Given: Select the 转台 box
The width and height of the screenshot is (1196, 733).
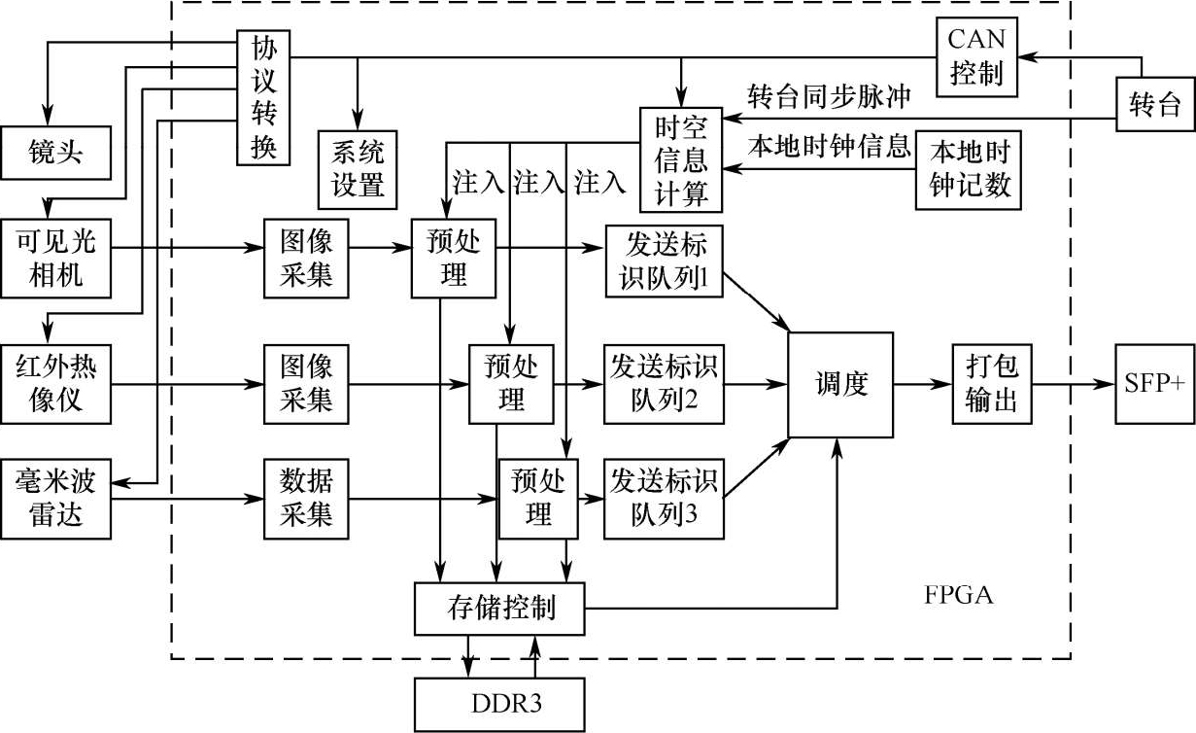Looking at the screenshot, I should tap(1153, 102).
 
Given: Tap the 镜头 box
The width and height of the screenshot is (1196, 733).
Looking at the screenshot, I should tap(56, 154).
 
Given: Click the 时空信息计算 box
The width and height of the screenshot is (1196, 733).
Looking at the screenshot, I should tap(680, 158).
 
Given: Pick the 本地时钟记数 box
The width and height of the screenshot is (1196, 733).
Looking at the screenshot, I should tap(970, 169).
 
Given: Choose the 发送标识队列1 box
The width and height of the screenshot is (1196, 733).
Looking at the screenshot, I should tap(664, 262).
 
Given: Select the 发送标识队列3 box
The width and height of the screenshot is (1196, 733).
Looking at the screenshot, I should tap(664, 499).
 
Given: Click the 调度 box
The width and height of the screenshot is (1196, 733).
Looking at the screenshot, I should tap(839, 384).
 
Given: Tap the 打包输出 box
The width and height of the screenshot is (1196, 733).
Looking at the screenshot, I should tap(991, 384).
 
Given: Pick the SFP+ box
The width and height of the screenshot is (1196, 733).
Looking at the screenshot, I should tap(1154, 383).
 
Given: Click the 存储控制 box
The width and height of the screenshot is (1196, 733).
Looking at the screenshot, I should tap(500, 609).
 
